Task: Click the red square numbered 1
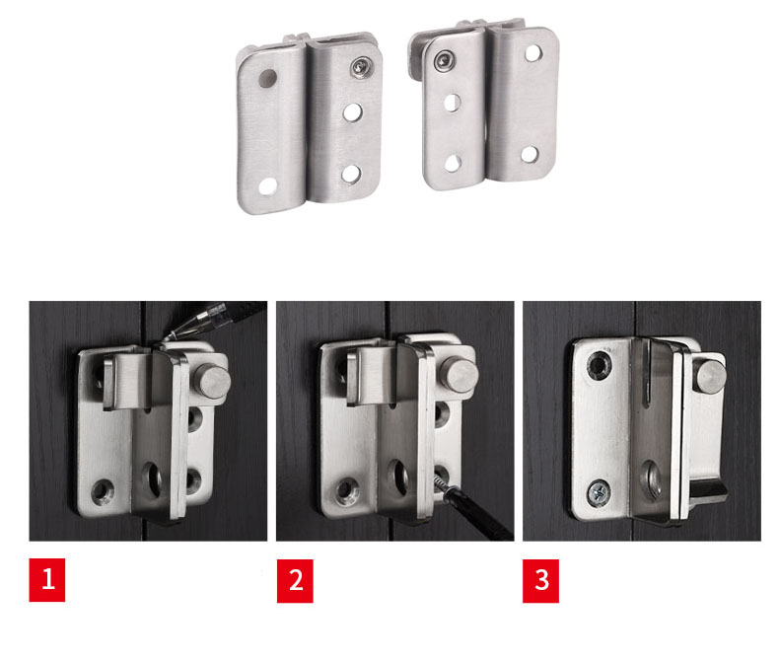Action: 47,580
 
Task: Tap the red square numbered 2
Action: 295,580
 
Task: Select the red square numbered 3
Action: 540,580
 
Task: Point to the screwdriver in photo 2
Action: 472,505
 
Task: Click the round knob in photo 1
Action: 212,381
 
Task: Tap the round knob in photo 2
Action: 460,374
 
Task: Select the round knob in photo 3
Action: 710,376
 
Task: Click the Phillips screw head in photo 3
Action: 599,493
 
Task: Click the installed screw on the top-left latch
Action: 360,67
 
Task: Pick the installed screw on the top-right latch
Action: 444,60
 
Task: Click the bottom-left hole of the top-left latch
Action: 267,185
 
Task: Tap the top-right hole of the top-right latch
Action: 532,52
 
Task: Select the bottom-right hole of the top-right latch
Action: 530,154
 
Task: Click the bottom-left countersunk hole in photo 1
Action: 103,491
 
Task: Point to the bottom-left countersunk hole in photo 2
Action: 348,490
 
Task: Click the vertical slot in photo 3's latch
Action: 647,373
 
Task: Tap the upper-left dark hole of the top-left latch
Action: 267,79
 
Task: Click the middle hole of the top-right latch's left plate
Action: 452,103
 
